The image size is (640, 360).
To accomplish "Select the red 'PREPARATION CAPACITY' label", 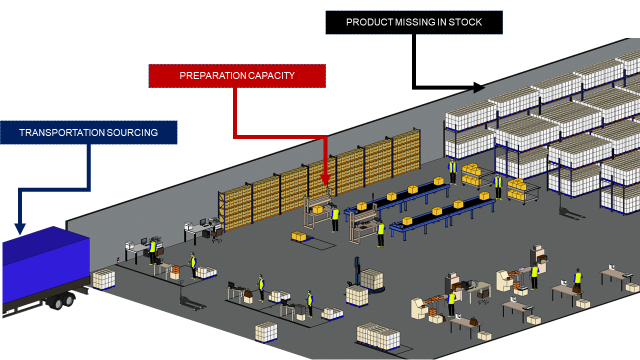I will click(x=237, y=76).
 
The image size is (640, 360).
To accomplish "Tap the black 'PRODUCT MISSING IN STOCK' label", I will click(x=415, y=22).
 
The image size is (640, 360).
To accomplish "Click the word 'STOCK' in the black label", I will click(x=471, y=22).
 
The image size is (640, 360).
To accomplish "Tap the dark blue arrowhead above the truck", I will click(x=20, y=228).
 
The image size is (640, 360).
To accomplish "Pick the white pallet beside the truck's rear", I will click(x=103, y=279).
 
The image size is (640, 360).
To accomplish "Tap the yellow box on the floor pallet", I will click(x=298, y=236).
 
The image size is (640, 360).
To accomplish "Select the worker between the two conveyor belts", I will click(x=380, y=233).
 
